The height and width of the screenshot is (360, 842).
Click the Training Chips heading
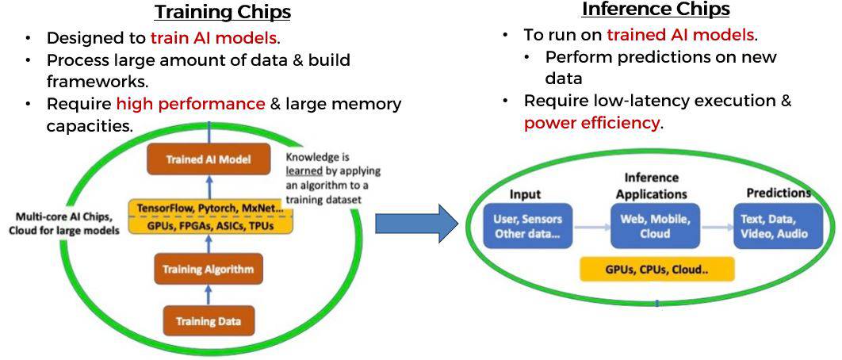(x=222, y=13)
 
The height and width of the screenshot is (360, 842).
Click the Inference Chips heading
(x=655, y=10)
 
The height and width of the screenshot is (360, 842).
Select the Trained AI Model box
(x=209, y=160)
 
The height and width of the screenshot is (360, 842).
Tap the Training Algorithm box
(x=208, y=270)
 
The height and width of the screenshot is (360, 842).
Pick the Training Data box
(x=208, y=321)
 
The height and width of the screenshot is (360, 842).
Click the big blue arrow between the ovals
(x=416, y=224)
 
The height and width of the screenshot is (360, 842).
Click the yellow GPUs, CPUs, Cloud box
(x=656, y=269)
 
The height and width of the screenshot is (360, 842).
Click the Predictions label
(x=779, y=193)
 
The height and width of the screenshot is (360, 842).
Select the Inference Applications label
(x=652, y=186)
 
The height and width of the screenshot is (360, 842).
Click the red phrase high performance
(x=190, y=104)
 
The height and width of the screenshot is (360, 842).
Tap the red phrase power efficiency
(x=591, y=123)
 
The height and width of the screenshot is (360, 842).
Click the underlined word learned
(x=304, y=170)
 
